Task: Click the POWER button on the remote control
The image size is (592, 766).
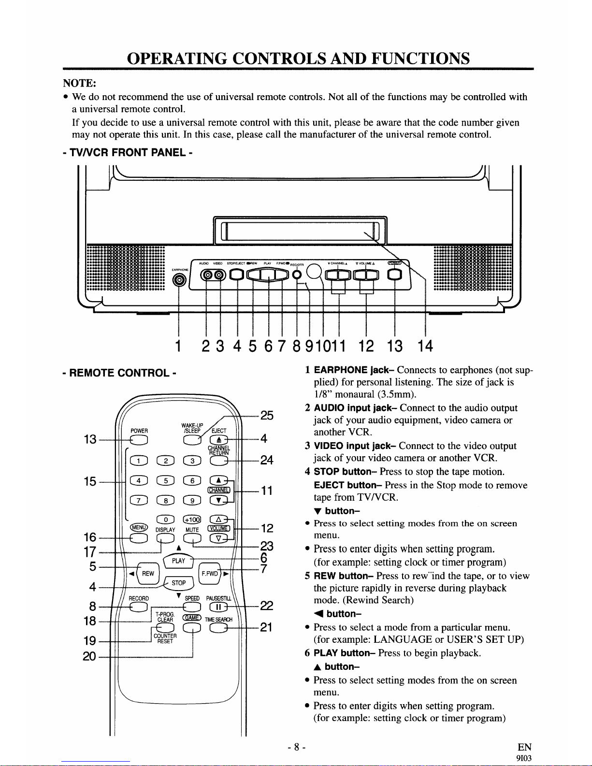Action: (139, 439)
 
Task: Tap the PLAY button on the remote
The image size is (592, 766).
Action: (178, 561)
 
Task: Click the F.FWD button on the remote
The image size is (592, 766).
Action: (209, 573)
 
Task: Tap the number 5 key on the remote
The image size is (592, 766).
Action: (165, 480)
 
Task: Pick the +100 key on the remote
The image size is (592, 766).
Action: (192, 519)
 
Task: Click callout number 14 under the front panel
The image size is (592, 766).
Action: (425, 346)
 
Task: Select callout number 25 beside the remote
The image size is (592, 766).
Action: (267, 416)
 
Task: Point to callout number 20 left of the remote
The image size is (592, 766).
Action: (89, 656)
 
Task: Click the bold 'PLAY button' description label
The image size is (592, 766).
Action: (345, 653)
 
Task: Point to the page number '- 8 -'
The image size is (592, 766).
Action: (296, 748)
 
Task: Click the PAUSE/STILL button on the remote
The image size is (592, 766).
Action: (218, 607)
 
